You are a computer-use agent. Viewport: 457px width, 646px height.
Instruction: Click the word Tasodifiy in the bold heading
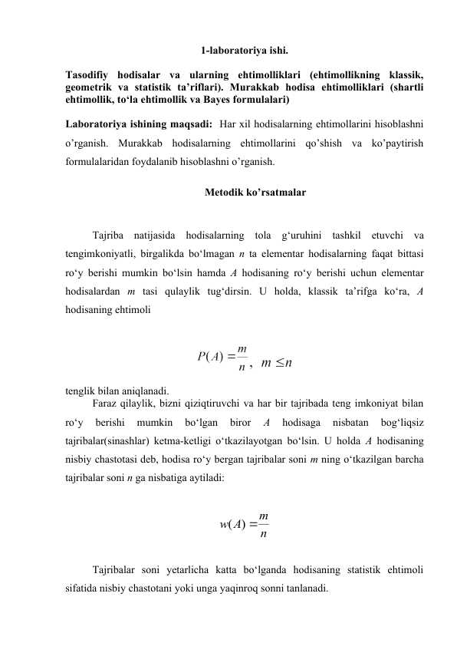click(88, 75)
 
